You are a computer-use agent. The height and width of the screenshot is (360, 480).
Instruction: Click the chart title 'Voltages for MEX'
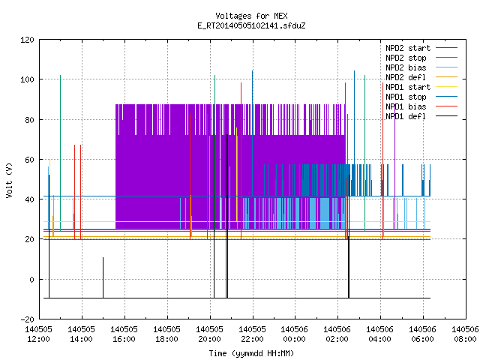(x=251, y=16)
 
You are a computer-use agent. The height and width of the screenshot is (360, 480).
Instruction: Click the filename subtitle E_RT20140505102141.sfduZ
(x=251, y=25)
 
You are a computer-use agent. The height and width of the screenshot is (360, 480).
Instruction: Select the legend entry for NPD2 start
(x=421, y=48)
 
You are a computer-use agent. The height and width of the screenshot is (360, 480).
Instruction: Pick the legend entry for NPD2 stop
(x=421, y=58)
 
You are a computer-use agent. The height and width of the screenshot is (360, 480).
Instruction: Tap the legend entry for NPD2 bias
(x=421, y=67)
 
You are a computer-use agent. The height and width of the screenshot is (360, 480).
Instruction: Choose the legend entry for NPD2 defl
(x=421, y=77)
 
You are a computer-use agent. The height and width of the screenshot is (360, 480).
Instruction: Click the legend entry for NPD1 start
(x=421, y=87)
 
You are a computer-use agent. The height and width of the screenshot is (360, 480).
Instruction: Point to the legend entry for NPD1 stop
(x=421, y=97)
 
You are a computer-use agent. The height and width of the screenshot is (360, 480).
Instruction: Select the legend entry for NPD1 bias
(x=421, y=106)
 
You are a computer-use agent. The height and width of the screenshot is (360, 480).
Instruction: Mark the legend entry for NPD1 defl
(x=421, y=117)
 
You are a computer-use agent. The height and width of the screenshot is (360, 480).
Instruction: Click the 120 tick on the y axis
(x=27, y=40)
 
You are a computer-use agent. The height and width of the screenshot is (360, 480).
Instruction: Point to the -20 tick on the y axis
(x=27, y=319)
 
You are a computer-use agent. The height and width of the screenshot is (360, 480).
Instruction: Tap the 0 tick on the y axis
(x=31, y=280)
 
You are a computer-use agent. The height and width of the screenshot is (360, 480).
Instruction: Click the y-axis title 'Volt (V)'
(x=9, y=180)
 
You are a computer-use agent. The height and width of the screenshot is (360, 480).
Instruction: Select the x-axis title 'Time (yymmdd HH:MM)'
(x=251, y=353)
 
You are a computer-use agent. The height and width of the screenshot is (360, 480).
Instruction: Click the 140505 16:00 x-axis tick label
(x=124, y=334)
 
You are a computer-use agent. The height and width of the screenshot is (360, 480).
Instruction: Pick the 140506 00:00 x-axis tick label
(x=294, y=334)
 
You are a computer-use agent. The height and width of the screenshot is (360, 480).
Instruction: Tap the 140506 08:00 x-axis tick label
(x=465, y=334)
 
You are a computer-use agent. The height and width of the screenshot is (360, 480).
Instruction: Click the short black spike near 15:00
(x=103, y=277)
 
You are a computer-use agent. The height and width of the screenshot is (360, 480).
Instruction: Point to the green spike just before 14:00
(x=60, y=153)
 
